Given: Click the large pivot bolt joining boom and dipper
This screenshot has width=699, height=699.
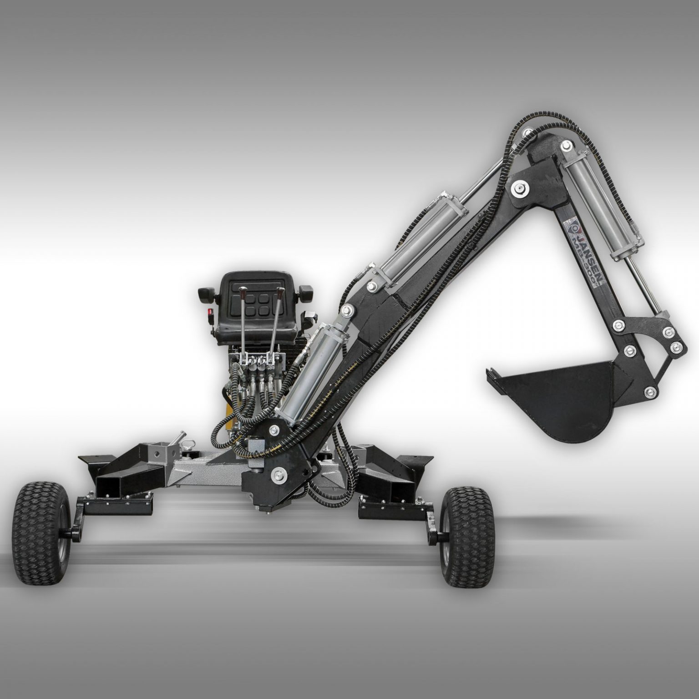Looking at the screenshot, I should (519, 187).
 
